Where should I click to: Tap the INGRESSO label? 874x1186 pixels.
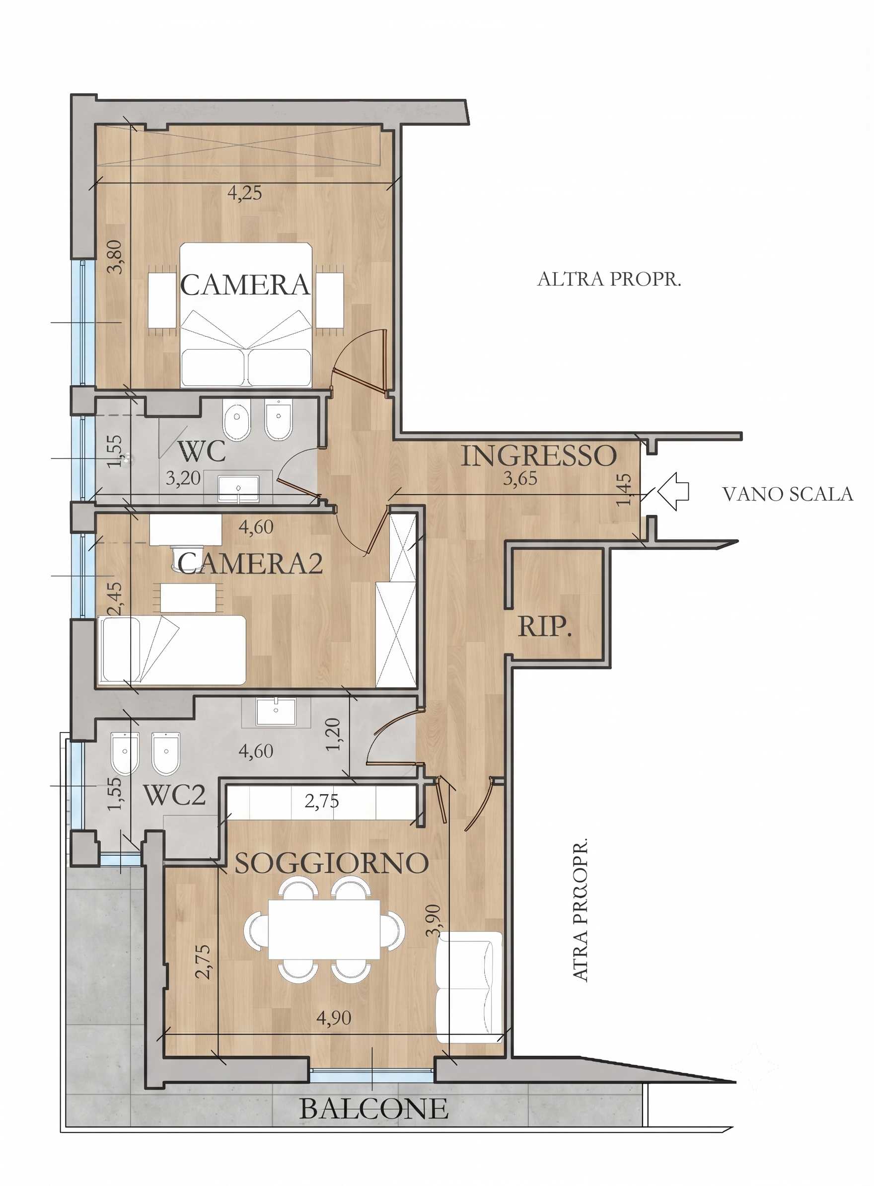coord(539,456)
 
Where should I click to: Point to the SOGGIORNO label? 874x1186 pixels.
coord(331,863)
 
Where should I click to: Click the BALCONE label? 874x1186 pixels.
coord(374,1109)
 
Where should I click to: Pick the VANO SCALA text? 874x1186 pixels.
coord(788,494)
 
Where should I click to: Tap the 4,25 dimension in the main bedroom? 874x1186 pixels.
coord(244,193)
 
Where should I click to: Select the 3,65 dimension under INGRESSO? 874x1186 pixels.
coord(520,479)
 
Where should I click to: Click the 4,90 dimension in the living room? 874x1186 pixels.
coord(334,1017)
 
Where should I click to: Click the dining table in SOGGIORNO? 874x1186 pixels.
coord(324,929)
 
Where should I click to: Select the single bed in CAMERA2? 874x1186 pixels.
coord(172,650)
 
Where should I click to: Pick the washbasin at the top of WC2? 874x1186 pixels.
coord(276,712)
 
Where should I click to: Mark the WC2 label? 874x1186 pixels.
coord(175,795)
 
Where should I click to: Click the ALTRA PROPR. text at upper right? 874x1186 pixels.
coord(609,279)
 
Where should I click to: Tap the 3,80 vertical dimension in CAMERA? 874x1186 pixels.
coord(115,257)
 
